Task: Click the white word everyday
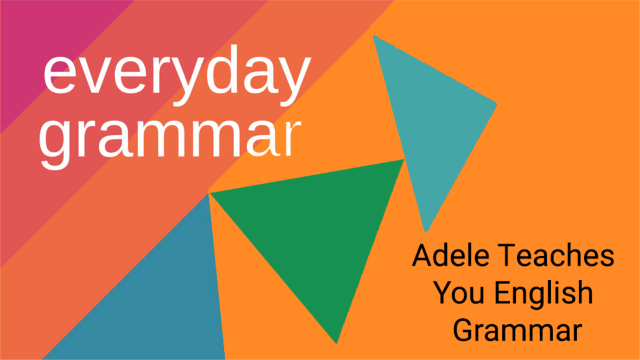pyautogui.click(x=177, y=75)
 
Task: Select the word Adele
pyautogui.click(x=451, y=255)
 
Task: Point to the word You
pyautogui.click(x=459, y=292)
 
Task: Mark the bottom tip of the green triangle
pyautogui.click(x=337, y=343)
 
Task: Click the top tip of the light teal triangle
pyautogui.click(x=373, y=35)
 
